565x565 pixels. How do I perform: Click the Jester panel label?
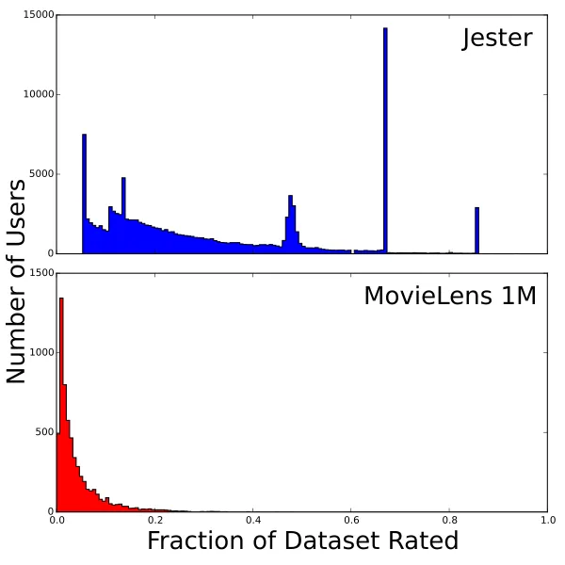tap(496, 39)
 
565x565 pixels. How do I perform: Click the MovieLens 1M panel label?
tap(450, 296)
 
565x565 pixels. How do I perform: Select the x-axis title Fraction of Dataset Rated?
tap(302, 541)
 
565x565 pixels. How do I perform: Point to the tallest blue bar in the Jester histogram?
tap(385, 141)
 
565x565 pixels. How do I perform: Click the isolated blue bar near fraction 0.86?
tap(476, 231)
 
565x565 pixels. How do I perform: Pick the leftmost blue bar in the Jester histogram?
tap(84, 194)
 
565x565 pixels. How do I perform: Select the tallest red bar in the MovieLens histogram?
tap(61, 405)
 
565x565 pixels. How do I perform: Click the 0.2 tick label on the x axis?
tap(154, 519)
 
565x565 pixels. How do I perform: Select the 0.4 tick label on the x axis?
tap(252, 519)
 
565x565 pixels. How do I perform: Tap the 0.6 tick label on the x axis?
tap(350, 519)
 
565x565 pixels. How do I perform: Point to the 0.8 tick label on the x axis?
tap(448, 519)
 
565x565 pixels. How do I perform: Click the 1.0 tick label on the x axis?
tap(546, 519)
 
